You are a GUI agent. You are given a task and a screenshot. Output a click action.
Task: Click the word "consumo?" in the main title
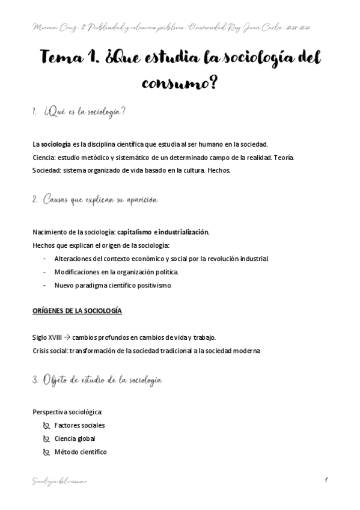click(x=180, y=84)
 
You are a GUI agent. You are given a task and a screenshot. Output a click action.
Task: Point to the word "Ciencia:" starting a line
click(x=44, y=158)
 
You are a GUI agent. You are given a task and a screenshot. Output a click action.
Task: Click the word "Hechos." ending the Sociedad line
click(x=219, y=170)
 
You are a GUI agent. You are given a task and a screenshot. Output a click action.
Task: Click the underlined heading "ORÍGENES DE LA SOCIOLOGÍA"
click(x=77, y=312)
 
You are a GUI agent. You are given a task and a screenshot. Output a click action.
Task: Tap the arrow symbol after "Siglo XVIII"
click(x=67, y=338)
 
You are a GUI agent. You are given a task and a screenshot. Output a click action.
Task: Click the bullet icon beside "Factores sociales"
click(x=46, y=425)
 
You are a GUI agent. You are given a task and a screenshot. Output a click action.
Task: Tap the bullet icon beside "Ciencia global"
click(x=46, y=438)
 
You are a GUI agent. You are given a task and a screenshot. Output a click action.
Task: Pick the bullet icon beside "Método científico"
click(x=46, y=452)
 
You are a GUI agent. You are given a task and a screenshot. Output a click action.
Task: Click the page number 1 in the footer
click(x=325, y=479)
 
